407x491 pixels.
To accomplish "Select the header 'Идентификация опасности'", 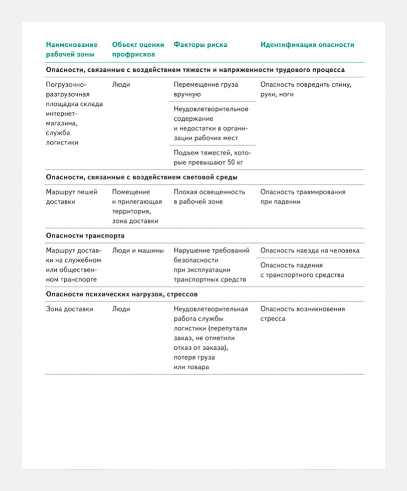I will pos(307,45).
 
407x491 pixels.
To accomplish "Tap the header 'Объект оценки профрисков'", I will pos(138,50).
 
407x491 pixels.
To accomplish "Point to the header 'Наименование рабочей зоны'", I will pos(72,50).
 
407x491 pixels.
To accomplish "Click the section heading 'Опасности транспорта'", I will pos(85,236).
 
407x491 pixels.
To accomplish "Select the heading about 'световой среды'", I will pos(142,178).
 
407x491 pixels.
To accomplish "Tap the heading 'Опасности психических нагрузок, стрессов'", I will pos(122,294).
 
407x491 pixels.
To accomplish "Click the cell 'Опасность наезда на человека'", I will pos(309,250).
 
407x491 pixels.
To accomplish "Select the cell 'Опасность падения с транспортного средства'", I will pos(302,270).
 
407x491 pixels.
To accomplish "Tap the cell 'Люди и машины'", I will pos(138,250).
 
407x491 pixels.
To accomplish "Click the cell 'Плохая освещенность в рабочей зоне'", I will pos(209,196).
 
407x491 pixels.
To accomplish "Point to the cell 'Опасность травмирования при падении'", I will pos(303,196).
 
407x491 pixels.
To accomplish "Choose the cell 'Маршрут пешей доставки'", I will pos(72,196).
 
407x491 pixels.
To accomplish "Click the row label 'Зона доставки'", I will pos(69,309).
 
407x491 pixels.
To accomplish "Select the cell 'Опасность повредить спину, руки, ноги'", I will pos(306,89).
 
